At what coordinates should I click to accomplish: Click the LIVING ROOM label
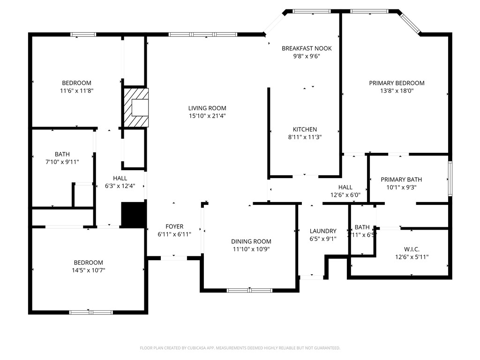point(207,108)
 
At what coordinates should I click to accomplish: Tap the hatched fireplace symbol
point(136,108)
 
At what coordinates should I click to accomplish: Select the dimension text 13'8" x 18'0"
point(397,91)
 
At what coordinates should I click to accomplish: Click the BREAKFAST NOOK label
point(307,48)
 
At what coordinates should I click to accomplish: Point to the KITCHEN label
point(305,129)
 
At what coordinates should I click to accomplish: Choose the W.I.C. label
point(412,249)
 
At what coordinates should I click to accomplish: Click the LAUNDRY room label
point(323,231)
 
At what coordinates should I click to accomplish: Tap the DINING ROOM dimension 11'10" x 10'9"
point(251,249)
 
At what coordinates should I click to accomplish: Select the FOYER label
point(174,226)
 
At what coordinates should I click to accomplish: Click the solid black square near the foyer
point(133,215)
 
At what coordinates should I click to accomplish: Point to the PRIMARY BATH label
point(401,180)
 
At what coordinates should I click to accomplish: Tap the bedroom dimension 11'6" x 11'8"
point(77,91)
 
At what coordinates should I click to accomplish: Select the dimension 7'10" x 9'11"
point(62,162)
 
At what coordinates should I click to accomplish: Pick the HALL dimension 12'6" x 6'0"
point(345,195)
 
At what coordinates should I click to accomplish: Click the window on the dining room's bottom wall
point(250,290)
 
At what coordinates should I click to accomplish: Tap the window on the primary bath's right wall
point(450,178)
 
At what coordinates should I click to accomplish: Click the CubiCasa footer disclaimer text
point(240,348)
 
